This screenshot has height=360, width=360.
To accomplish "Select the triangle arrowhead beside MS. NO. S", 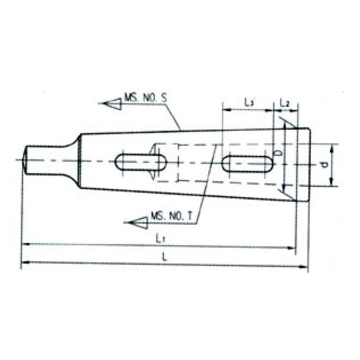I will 112,103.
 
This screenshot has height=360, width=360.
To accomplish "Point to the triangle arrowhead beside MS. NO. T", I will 137,222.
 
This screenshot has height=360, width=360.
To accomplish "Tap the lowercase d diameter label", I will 324,165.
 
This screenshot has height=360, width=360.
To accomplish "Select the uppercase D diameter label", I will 279,154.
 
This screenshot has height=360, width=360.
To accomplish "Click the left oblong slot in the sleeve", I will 141,163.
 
